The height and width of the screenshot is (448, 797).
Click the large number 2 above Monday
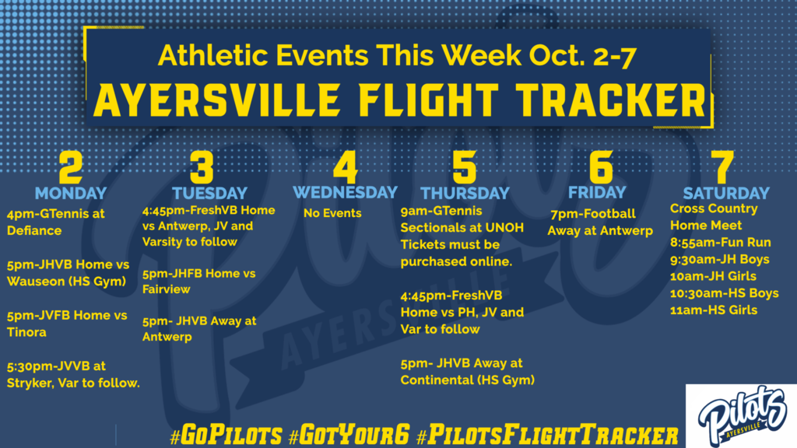tap(71, 166)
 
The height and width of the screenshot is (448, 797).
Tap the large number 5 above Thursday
tap(465, 166)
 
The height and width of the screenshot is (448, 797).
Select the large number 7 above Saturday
tap(722, 166)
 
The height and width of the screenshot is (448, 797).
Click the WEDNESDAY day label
tap(345, 193)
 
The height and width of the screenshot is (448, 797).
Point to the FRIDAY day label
tap(597, 193)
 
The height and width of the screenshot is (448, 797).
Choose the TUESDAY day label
tap(209, 193)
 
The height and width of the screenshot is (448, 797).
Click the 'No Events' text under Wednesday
tap(332, 213)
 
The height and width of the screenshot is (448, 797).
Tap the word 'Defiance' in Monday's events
tap(34, 230)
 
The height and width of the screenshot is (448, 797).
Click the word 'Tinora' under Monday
tap(26, 332)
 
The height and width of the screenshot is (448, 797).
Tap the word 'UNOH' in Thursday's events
tap(504, 228)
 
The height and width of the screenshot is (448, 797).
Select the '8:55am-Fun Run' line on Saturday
tap(720, 243)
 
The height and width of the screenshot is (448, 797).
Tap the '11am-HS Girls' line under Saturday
tap(714, 310)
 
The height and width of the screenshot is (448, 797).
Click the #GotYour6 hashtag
tap(349, 436)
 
